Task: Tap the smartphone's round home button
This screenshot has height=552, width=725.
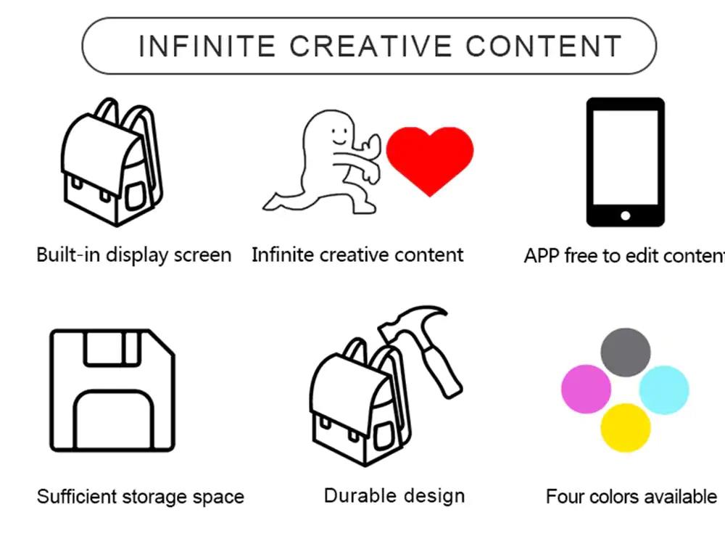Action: [x=626, y=215]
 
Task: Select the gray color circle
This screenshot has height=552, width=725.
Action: [x=625, y=352]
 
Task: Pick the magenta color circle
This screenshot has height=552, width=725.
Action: [x=586, y=389]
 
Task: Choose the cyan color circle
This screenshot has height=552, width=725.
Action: [x=664, y=390]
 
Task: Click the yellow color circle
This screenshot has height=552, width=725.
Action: [x=625, y=427]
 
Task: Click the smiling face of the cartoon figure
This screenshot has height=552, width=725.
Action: [x=336, y=133]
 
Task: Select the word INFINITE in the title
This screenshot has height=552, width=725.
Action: [x=207, y=46]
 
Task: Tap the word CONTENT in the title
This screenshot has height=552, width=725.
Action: [x=544, y=46]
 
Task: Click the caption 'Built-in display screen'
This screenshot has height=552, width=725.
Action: [x=134, y=255]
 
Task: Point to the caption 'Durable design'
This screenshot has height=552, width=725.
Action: [x=394, y=496]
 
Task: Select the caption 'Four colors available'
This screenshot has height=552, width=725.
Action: [x=631, y=497]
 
